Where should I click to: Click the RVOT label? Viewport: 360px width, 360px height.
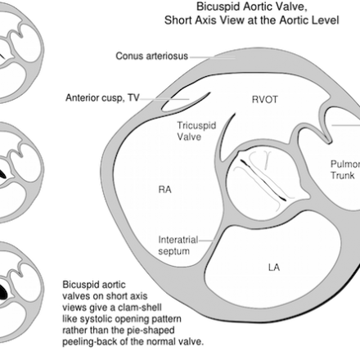265,100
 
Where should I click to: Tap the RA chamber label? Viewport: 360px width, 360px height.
164,189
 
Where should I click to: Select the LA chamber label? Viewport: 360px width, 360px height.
274,268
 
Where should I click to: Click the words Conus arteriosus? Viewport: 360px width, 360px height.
152,56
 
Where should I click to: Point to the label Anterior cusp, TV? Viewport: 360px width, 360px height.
102,97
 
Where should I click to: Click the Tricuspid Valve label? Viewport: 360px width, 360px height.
196,131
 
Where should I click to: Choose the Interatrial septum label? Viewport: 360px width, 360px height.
178,245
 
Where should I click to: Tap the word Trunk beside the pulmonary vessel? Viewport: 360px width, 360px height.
342,175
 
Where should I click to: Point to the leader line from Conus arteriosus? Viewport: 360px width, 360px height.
213,57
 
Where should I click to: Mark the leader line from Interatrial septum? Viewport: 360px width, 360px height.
206,241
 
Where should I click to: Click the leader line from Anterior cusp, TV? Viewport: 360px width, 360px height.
164,99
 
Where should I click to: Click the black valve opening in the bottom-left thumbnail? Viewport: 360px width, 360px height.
2,291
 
